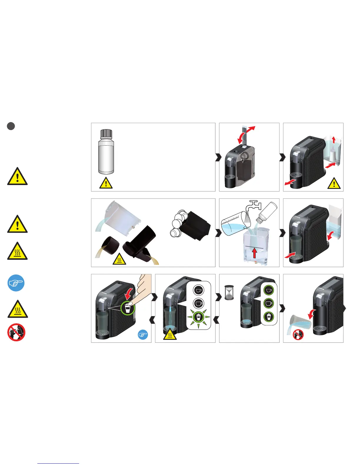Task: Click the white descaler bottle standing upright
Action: [x=106, y=156]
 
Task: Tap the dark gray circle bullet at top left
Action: [x=11, y=126]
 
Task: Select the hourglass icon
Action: [x=229, y=292]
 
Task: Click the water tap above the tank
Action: [x=254, y=205]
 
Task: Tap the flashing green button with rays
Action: [x=199, y=317]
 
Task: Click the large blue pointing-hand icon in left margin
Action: [x=16, y=283]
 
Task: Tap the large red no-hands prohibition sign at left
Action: [x=16, y=332]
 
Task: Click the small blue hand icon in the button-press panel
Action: [x=143, y=334]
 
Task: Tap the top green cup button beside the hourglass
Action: [x=268, y=290]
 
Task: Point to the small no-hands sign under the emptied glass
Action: [x=298, y=334]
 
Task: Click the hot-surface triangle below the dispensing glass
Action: [x=170, y=334]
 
